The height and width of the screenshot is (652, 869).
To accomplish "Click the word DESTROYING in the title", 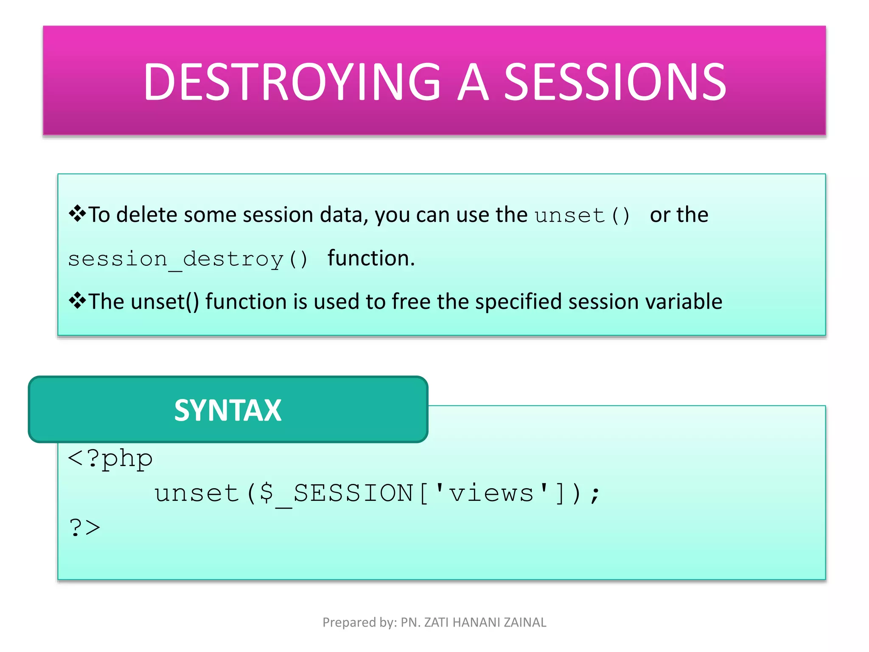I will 292,81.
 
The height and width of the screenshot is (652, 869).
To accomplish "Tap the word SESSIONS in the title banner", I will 615,81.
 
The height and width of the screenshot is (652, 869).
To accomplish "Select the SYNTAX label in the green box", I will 228,410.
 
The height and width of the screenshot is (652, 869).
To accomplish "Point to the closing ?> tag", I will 84,528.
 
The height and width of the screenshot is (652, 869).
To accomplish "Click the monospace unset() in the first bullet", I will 582,215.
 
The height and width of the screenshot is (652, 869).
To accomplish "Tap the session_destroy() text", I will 188,259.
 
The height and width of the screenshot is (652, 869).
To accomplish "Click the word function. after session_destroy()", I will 371,258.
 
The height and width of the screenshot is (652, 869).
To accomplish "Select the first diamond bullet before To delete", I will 77,214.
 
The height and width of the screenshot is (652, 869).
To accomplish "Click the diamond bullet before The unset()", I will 77,301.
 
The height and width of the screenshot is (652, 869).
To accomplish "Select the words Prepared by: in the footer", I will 359,622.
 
